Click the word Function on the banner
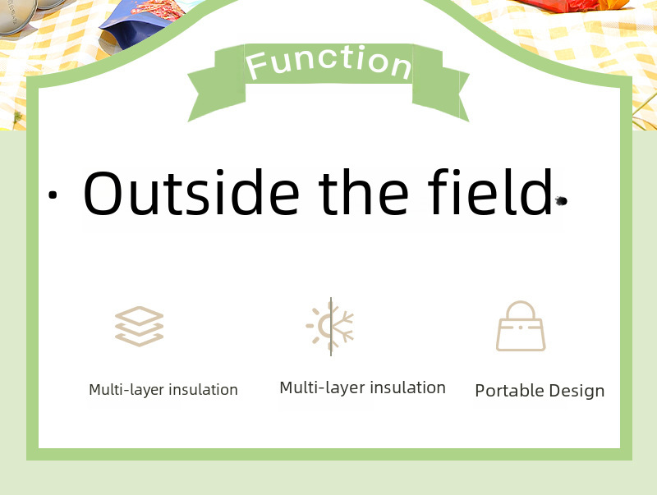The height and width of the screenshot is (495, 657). pyautogui.click(x=328, y=63)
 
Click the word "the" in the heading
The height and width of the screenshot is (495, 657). pyautogui.click(x=363, y=193)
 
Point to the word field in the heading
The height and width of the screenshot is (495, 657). pyautogui.click(x=490, y=192)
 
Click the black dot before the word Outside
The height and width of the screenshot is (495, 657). pyautogui.click(x=53, y=195)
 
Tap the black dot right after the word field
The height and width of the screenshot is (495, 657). pyautogui.click(x=562, y=201)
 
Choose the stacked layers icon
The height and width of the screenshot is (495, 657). pyautogui.click(x=139, y=326)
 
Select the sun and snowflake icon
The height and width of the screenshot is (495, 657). pyautogui.click(x=330, y=327)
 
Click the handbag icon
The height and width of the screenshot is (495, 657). pyautogui.click(x=521, y=326)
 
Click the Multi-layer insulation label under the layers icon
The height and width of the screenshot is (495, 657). pyautogui.click(x=163, y=390)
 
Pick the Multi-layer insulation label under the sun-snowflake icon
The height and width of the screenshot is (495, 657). pyautogui.click(x=362, y=387)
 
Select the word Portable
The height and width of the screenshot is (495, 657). pyautogui.click(x=509, y=390)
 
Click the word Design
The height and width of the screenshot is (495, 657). pyautogui.click(x=577, y=391)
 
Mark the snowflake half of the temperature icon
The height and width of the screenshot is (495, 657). pyautogui.click(x=342, y=326)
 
